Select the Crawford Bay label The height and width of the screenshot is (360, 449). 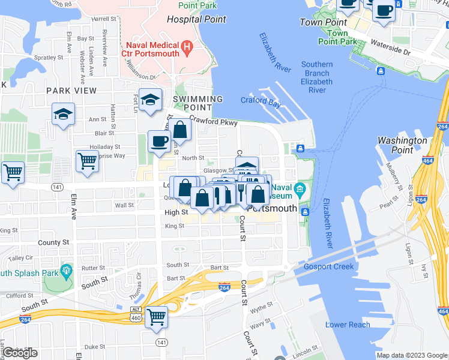[x=261, y=101]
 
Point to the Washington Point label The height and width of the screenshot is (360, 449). [x=402, y=145]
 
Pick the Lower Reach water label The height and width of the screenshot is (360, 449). [x=348, y=325]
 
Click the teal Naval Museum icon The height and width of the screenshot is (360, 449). [x=300, y=190]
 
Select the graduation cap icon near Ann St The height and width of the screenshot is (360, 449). [x=62, y=114]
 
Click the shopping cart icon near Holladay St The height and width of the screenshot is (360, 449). [x=87, y=160]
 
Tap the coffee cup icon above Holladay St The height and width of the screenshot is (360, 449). [x=159, y=141]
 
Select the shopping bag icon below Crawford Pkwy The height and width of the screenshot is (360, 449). [x=179, y=129]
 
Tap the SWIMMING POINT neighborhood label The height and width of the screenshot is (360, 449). [x=197, y=103]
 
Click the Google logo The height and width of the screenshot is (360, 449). [x=20, y=353]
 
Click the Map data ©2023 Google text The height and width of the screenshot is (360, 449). [x=412, y=355]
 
